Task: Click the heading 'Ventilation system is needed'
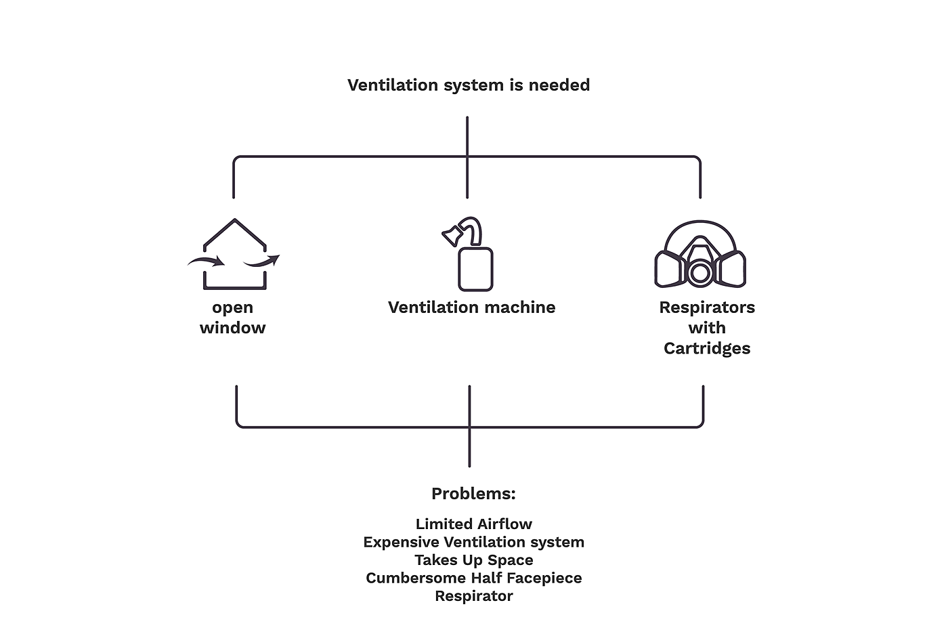coord(469,85)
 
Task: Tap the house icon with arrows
coord(234,255)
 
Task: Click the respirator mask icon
coord(700,255)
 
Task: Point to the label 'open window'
coord(232,318)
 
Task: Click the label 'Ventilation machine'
coord(471,308)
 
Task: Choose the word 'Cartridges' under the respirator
coord(707,349)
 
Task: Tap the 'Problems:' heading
coord(473,494)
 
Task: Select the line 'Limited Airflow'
coord(473,524)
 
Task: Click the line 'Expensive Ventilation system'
coord(473,543)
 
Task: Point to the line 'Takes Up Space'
coord(473,560)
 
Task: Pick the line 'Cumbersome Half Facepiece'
coord(473,579)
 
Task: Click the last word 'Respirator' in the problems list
coord(473,596)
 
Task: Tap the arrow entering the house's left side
coord(207,261)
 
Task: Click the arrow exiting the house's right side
coord(263,261)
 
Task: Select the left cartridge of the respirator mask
coord(668,269)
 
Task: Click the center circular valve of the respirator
coord(700,272)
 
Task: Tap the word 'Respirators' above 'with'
coord(707,308)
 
